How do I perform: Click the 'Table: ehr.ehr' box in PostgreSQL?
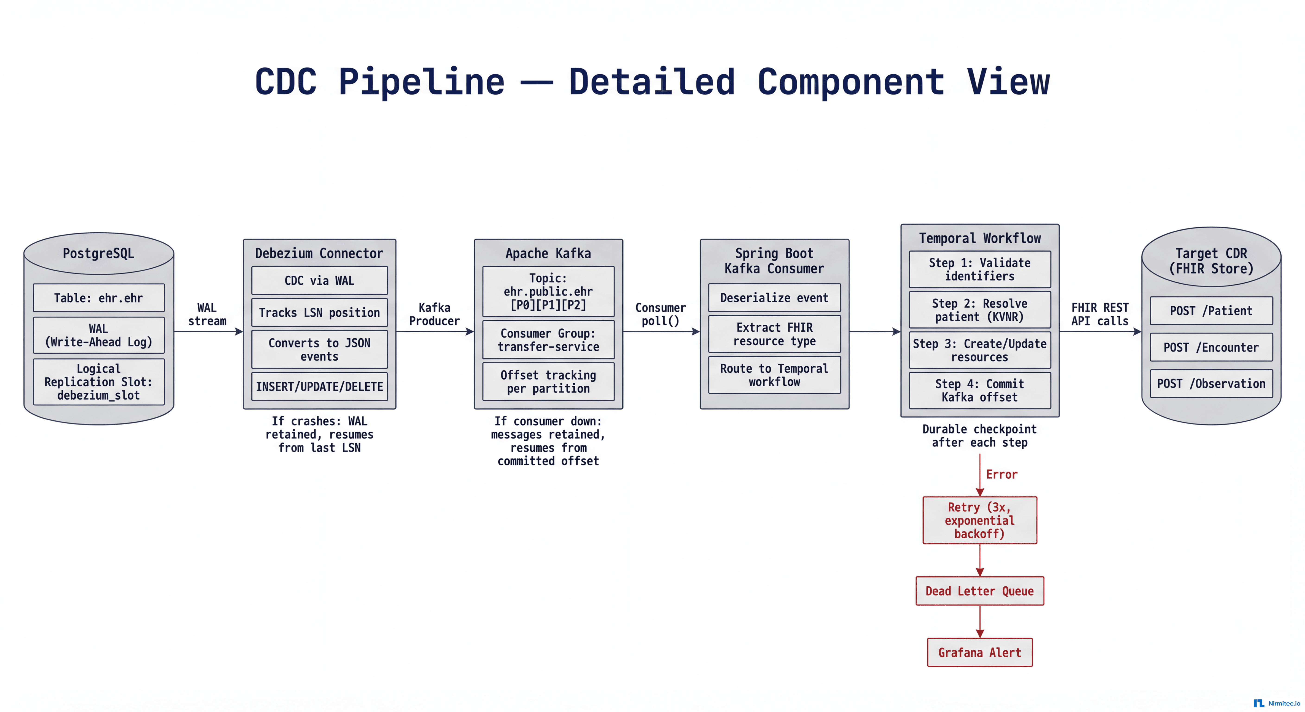coord(99,298)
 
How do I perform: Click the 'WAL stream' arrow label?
coord(207,314)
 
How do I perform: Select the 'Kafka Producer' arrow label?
coord(434,314)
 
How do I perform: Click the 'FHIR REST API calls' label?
coord(1100,314)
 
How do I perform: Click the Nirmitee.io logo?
coord(1277,703)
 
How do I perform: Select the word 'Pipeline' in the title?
coord(421,82)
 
